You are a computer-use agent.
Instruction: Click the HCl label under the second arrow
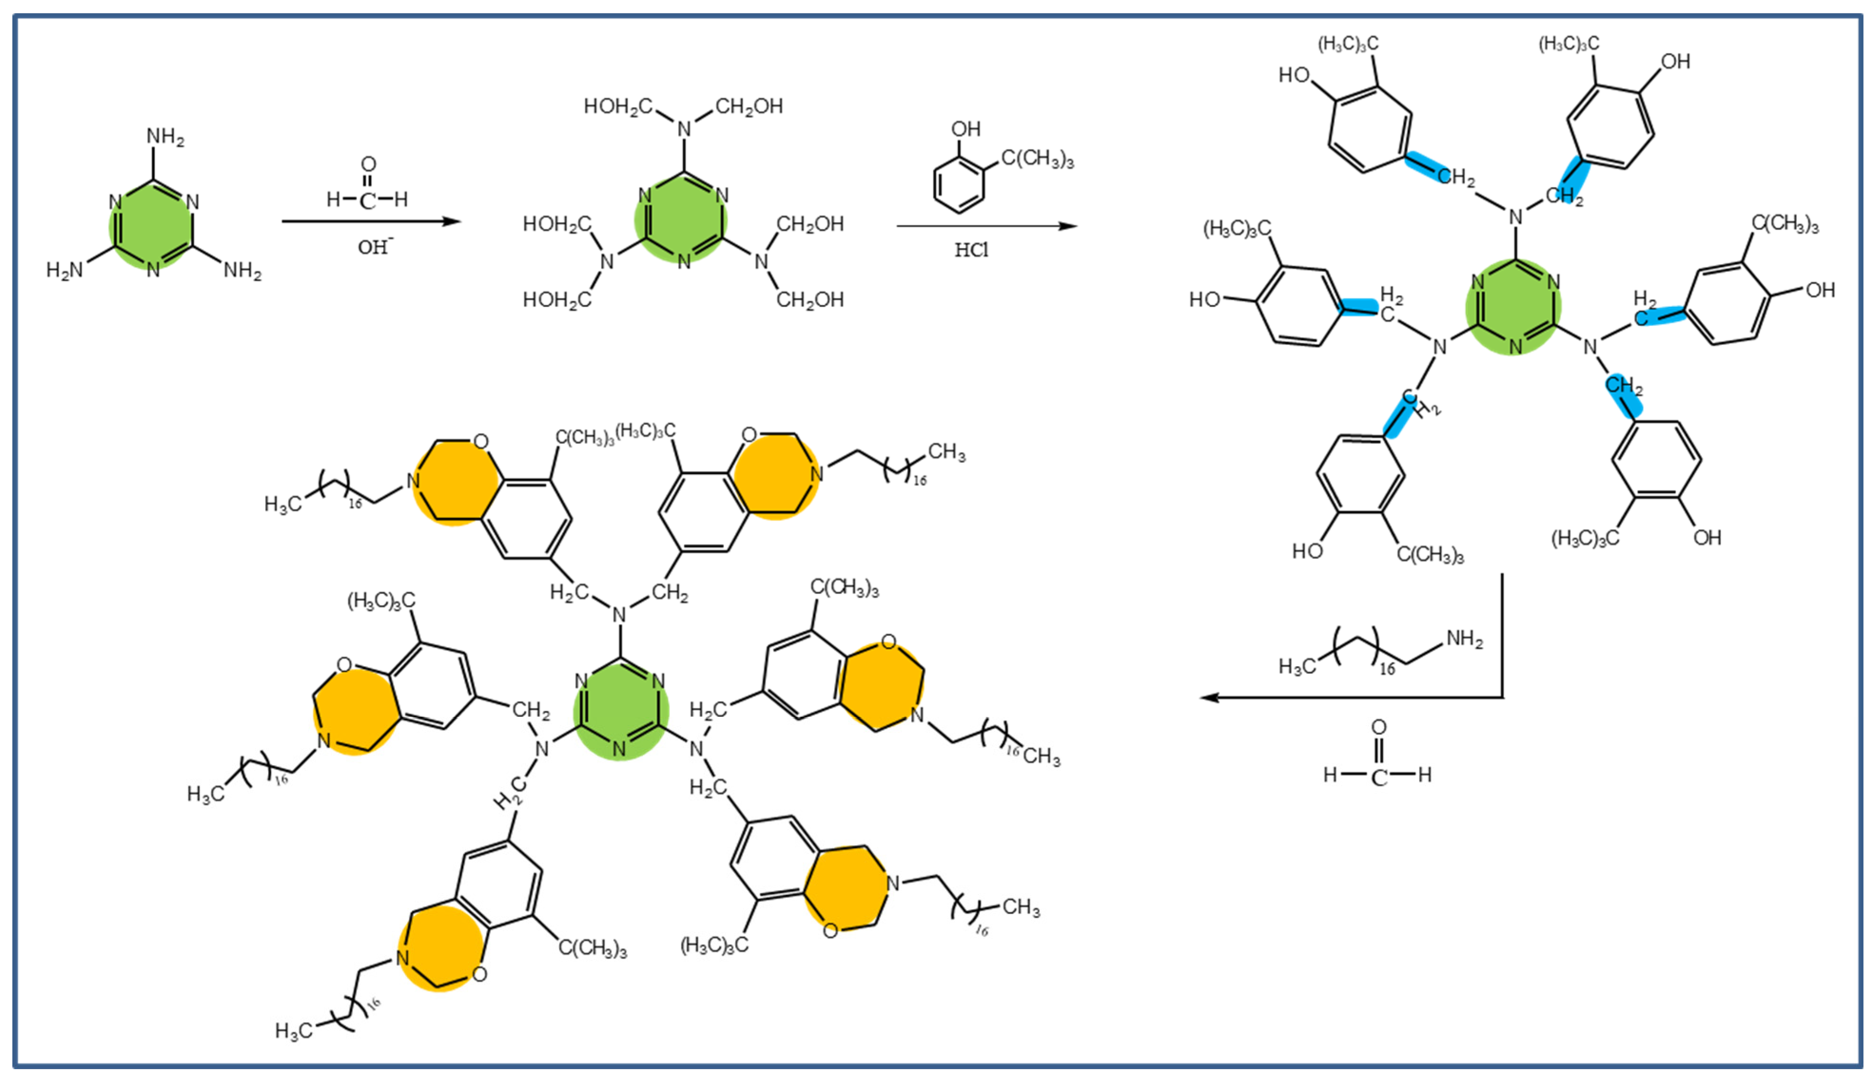(970, 250)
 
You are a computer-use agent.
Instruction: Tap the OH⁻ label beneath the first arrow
(374, 246)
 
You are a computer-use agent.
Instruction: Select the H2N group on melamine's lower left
(65, 270)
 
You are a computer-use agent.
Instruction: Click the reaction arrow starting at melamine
(371, 221)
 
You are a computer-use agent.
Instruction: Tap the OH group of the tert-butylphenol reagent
(965, 129)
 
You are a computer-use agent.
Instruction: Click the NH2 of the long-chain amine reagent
(1465, 639)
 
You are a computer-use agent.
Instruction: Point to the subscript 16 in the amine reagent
(1387, 669)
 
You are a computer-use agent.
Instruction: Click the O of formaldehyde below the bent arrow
(1378, 727)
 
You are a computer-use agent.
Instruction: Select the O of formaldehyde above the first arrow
(369, 164)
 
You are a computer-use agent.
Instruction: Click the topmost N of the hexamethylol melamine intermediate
(684, 129)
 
